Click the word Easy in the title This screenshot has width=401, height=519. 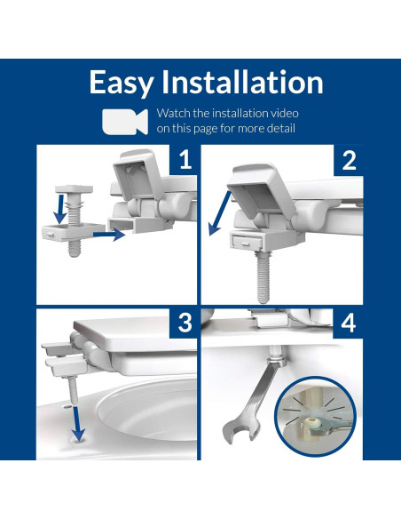pos(122,83)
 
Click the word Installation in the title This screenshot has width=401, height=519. pos(242,82)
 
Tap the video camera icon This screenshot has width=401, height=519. pos(125,122)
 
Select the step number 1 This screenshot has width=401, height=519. pos(185,160)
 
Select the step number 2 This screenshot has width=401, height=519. pos(350,160)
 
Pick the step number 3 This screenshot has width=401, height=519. pos(185,323)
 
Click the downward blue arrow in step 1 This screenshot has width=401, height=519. pos(60,209)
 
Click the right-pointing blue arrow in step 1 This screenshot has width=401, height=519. pos(109,235)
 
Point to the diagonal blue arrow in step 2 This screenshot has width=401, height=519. pos(220,212)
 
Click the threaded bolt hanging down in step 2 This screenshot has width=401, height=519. pos(263,276)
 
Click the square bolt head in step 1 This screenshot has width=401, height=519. pos(74,189)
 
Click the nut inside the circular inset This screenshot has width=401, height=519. pos(312,423)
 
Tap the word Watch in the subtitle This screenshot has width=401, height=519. pos(174,113)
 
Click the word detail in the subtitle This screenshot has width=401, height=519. pos(281,128)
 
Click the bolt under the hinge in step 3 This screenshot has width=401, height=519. pos(74,391)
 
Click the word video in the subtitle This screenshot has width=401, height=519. pos(285,113)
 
